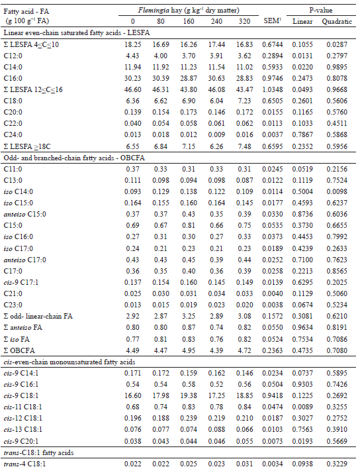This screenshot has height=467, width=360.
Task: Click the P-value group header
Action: coord(320,9)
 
